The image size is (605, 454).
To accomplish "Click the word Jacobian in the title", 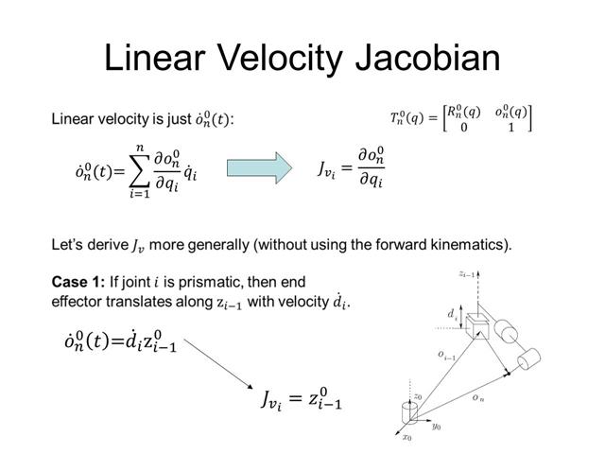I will [423, 58].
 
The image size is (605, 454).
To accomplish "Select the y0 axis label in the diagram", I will [437, 428].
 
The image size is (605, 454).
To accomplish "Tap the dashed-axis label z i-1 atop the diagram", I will [467, 274].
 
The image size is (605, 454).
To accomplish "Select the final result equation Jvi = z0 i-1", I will [301, 400].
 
